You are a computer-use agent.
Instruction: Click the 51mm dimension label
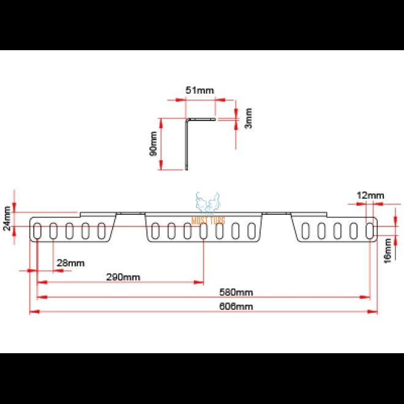[x=200, y=90]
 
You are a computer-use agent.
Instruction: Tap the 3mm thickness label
[x=249, y=118]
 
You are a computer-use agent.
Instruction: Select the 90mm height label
[x=154, y=144]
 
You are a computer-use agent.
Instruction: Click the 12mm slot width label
[x=370, y=195]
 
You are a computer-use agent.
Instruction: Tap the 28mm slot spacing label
[x=70, y=263]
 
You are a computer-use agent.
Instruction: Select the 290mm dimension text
[x=123, y=277]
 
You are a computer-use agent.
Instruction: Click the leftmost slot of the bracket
[x=38, y=231]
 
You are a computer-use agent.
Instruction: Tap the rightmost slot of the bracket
[x=370, y=231]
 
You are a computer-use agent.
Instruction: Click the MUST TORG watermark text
[x=208, y=220]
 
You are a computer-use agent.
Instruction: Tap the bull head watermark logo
[x=208, y=203]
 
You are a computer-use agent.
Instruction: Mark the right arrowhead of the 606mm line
[x=374, y=312]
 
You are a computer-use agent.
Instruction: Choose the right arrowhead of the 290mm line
[x=200, y=282]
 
